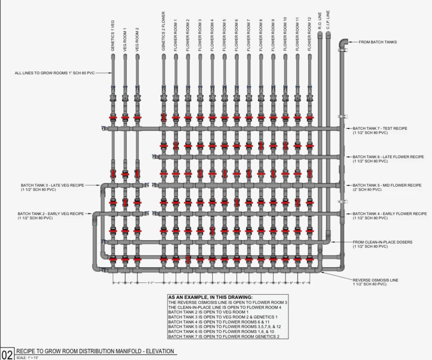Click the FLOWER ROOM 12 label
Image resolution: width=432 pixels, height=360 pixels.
(310, 34)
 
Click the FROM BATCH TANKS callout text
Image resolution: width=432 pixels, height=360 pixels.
(378, 42)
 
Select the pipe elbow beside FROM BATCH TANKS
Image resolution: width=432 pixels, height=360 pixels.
(343, 43)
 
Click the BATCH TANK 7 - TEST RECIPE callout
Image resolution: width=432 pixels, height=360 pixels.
(380, 128)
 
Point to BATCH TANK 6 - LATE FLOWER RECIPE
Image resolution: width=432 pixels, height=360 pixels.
(388, 157)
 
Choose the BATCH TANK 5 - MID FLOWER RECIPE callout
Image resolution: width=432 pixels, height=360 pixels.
(387, 185)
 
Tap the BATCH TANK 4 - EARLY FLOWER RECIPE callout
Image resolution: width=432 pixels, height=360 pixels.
(389, 214)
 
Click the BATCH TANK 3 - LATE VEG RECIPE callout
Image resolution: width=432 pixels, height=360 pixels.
(53, 185)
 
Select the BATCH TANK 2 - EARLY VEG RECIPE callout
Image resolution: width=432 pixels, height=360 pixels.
(51, 214)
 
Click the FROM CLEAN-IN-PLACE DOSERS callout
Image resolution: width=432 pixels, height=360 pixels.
(382, 242)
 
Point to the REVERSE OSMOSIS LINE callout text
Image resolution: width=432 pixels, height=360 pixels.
(375, 280)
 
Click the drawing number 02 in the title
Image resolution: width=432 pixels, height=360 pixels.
(7, 353)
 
